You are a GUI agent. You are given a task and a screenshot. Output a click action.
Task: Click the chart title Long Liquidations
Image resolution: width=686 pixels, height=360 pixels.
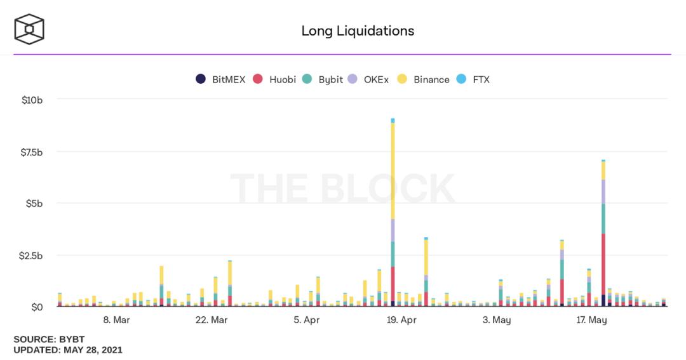click(x=358, y=30)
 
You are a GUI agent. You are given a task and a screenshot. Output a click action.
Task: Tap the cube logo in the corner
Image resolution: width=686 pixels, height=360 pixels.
click(x=29, y=29)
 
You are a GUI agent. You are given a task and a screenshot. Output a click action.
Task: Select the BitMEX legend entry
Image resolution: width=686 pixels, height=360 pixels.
click(x=220, y=79)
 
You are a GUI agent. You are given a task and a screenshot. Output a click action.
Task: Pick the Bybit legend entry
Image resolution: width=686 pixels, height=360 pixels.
click(x=323, y=79)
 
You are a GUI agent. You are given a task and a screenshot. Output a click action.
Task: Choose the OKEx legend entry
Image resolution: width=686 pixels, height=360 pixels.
click(x=368, y=79)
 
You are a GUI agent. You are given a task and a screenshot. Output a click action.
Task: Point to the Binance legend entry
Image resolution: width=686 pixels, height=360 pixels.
click(x=424, y=79)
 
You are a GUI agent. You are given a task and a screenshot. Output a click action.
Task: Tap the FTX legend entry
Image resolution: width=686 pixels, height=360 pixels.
click(x=473, y=79)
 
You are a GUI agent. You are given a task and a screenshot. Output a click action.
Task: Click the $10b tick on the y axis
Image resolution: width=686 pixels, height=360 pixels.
click(x=32, y=100)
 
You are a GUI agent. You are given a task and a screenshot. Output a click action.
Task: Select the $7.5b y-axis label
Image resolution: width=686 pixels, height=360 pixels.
click(x=32, y=152)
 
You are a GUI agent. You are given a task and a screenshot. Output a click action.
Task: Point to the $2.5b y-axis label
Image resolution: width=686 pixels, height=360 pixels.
click(x=30, y=255)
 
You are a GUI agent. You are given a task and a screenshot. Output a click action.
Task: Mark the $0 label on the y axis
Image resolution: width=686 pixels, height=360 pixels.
click(x=37, y=307)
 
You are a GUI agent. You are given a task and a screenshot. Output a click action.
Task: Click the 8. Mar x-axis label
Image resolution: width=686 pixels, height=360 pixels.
click(x=116, y=320)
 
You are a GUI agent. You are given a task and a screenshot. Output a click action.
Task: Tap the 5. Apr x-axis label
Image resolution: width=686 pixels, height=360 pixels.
click(x=307, y=320)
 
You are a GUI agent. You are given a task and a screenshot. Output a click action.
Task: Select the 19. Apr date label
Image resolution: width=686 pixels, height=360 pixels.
click(x=401, y=320)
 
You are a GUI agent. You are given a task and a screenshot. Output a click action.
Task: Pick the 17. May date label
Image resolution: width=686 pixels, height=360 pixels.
click(x=591, y=320)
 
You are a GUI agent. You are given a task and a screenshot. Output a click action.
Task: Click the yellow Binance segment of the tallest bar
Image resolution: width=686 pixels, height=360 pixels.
click(x=393, y=171)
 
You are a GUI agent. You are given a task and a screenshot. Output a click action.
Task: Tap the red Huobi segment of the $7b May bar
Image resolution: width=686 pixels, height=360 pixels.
click(x=603, y=264)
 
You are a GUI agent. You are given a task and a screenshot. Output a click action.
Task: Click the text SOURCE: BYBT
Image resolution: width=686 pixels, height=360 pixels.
click(x=49, y=339)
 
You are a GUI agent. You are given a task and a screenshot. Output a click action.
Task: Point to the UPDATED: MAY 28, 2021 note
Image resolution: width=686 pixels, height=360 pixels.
click(x=68, y=350)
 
